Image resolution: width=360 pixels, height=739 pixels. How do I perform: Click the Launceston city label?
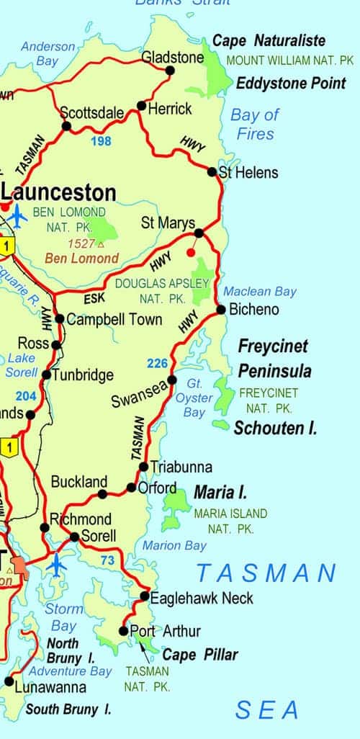pyautogui.click(x=59, y=192)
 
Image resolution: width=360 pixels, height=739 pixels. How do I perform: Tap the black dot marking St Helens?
pyautogui.click(x=212, y=172)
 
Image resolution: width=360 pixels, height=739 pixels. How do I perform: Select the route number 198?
pyautogui.click(x=101, y=141)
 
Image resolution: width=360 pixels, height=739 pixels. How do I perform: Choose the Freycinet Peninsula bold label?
pyautogui.click(x=274, y=359)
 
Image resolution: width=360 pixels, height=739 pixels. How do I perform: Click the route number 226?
pyautogui.click(x=157, y=363)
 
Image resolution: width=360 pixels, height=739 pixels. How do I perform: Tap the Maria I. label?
pyautogui.click(x=220, y=493)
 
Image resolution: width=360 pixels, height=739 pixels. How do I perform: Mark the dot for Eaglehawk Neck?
pyautogui.click(x=145, y=596)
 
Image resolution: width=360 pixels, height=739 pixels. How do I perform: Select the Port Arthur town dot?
pyautogui.click(x=124, y=631)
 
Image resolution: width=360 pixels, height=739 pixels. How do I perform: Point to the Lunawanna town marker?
pyautogui.click(x=9, y=681)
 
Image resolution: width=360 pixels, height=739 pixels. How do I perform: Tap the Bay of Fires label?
pyautogui.click(x=254, y=124)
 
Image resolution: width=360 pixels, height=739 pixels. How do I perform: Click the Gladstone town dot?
pyautogui.click(x=171, y=70)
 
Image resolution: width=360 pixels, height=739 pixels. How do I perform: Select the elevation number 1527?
pyautogui.click(x=79, y=243)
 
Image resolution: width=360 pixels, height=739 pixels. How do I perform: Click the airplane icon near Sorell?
pyautogui.click(x=56, y=565)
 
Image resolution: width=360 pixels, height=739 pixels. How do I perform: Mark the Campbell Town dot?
pyautogui.click(x=60, y=319)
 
